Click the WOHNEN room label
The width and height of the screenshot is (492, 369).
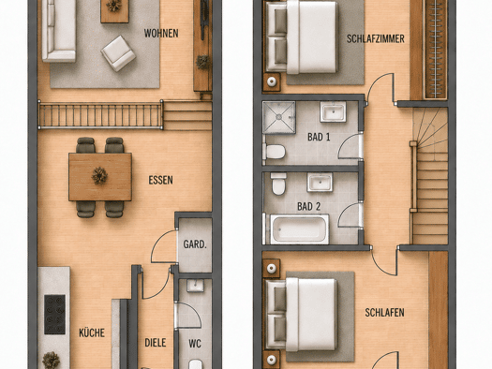click(x=161, y=33)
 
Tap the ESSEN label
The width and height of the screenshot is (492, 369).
click(x=160, y=180)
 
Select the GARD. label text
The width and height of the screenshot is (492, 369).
click(x=195, y=244)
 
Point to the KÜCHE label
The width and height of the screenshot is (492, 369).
click(x=92, y=333)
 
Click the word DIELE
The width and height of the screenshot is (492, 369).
click(x=156, y=343)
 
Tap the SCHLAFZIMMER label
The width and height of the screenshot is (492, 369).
click(x=375, y=39)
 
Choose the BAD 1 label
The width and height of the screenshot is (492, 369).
click(x=319, y=137)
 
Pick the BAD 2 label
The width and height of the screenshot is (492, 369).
click(x=308, y=207)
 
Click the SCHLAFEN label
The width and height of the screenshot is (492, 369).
click(x=384, y=313)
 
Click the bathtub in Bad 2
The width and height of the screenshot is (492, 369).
click(x=299, y=229)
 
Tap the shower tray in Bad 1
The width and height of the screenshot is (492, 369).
click(x=279, y=117)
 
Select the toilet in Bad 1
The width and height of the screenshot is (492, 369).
click(x=274, y=152)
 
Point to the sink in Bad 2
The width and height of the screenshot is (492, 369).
click(x=320, y=182)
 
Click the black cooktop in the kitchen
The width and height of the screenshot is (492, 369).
click(x=54, y=314)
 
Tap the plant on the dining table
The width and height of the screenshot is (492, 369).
click(x=99, y=176)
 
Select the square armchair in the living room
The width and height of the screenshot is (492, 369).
click(x=118, y=53)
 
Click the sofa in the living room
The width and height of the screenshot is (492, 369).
click(x=59, y=31)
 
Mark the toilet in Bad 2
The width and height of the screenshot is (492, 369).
click(x=278, y=184)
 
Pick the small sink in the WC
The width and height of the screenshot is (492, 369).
click(x=195, y=286)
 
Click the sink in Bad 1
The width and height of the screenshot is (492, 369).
click(x=333, y=111)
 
